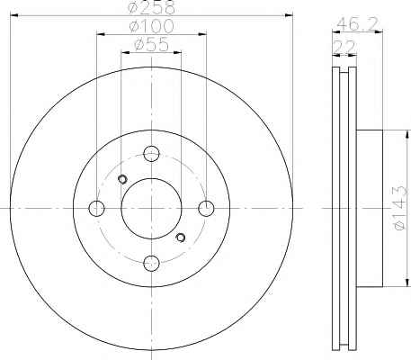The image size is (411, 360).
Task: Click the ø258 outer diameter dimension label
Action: (151, 6)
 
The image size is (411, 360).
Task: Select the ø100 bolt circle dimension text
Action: (151, 26)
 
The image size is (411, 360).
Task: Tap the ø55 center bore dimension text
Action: (152, 45)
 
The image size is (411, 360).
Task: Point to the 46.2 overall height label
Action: (357, 24)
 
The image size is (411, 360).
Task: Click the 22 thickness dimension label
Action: (344, 47)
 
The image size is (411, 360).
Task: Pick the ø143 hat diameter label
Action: (400, 208)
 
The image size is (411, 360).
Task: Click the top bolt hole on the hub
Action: (151, 154)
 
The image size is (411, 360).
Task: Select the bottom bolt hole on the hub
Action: (151, 263)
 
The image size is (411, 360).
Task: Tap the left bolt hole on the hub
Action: (96, 208)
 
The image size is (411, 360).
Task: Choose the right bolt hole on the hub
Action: (207, 208)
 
